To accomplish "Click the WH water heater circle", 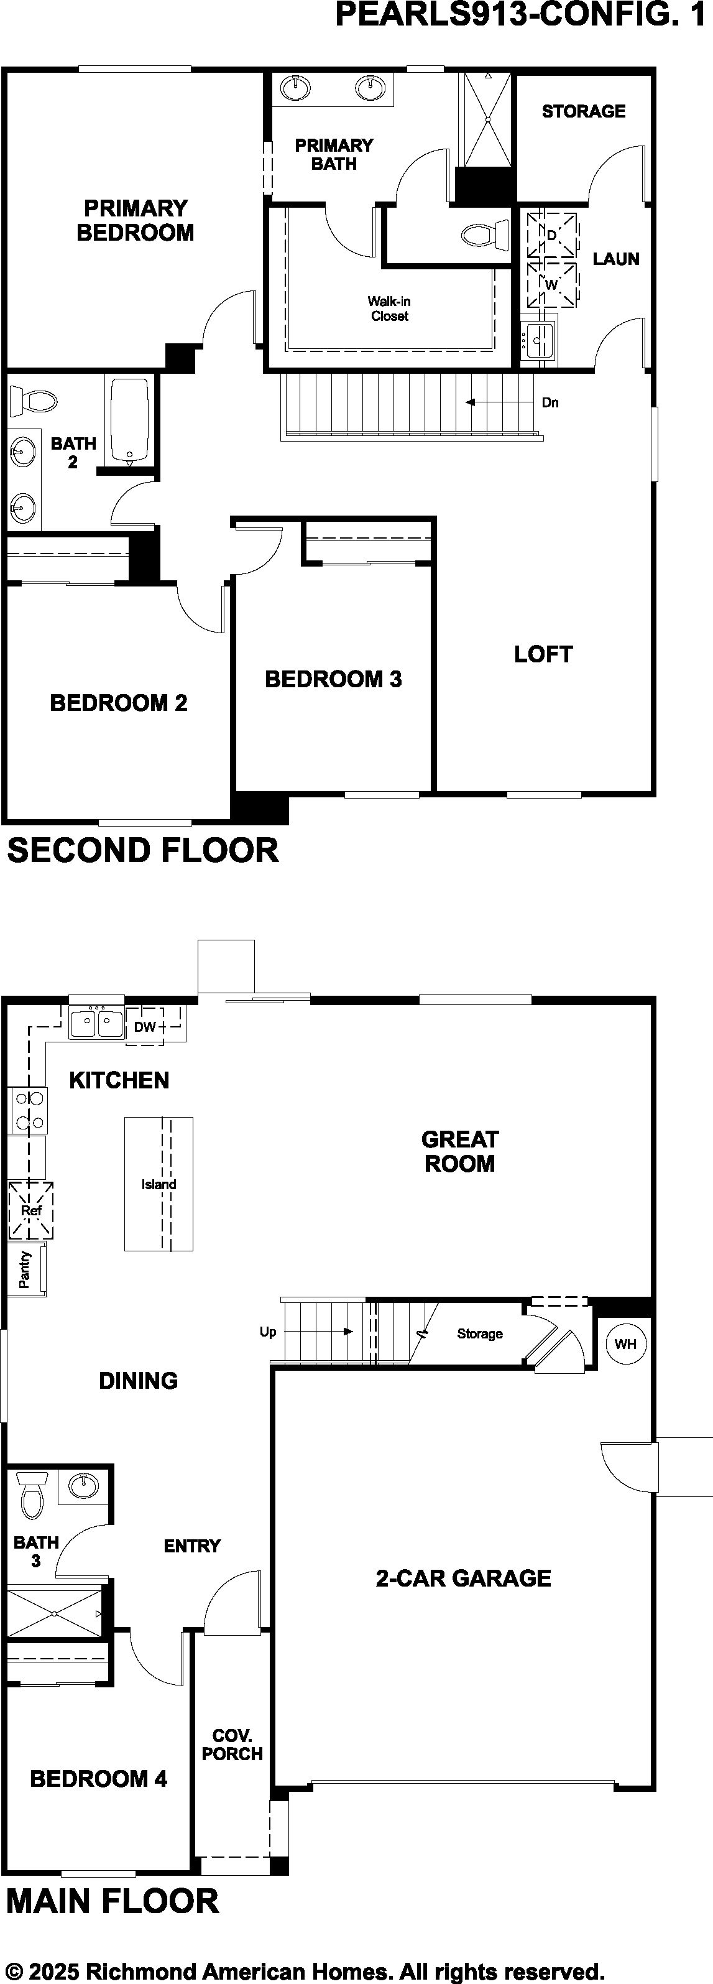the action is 625,1344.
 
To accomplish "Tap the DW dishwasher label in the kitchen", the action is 145,1027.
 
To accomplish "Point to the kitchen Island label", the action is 159,1185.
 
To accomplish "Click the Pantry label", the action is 25,1269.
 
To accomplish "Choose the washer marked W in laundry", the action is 551,285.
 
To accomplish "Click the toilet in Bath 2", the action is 33,401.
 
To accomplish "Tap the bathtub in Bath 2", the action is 129,422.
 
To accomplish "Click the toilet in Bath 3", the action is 32,1495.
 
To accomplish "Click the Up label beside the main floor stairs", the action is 268,1332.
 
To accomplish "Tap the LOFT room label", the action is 543,655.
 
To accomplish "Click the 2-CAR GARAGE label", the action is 464,1578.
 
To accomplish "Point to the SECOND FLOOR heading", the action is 143,850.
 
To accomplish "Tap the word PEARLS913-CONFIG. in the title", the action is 504,15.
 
